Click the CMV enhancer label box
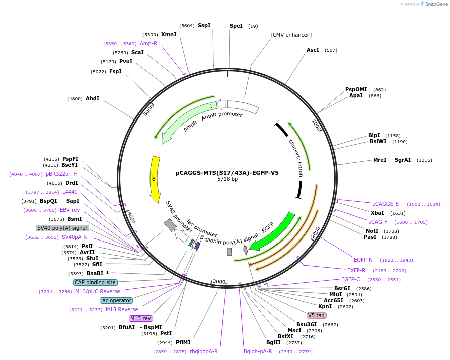pos(291,35)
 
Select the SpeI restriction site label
pos(236,26)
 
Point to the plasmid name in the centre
pos(227,172)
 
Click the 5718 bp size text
pos(227,179)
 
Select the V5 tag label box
pos(317,315)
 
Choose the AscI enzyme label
pos(313,50)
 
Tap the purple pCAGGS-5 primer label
pos(385,204)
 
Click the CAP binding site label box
pos(95,282)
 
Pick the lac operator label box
pos(116,300)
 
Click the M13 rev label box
pos(140,318)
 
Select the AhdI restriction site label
pos(92,99)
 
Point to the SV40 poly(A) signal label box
pos(62,228)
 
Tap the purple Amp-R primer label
pos(148,44)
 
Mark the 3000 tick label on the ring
pos(219,282)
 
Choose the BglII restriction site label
pos(273,342)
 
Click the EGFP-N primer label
pos(363,260)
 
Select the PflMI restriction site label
pos(183,342)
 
